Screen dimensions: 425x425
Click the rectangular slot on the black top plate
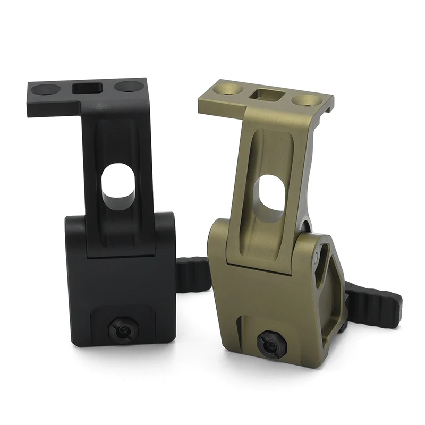(x=86, y=88)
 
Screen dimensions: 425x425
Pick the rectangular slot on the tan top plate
(x=265, y=95)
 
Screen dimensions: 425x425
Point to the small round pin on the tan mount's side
(x=317, y=259)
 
